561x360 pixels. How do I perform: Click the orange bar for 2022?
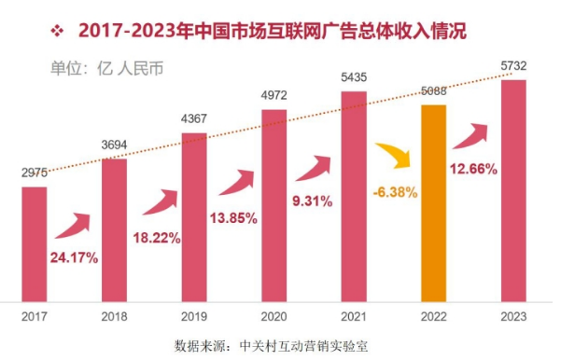[435, 202]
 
